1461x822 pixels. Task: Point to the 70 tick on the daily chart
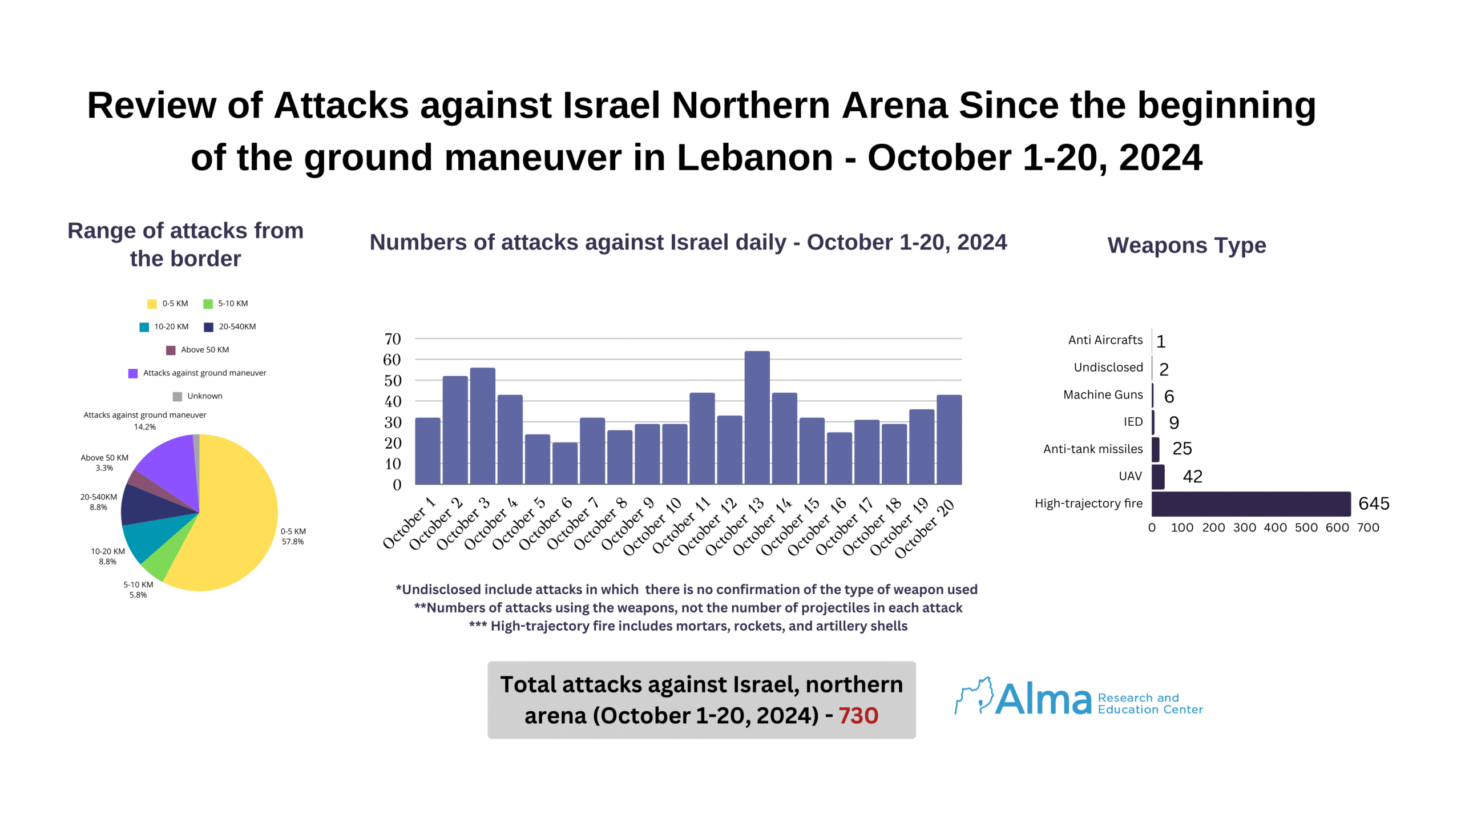(x=393, y=339)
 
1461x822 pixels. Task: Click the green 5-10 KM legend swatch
(x=208, y=304)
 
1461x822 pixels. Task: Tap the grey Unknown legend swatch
(x=177, y=396)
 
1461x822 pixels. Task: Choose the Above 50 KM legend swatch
(x=170, y=350)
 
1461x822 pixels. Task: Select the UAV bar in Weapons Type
(x=1157, y=477)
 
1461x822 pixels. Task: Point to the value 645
(x=1374, y=503)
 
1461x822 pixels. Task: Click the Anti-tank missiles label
(x=1092, y=449)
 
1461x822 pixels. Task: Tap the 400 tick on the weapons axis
(x=1275, y=528)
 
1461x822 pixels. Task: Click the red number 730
(x=858, y=716)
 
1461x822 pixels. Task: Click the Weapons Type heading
(x=1186, y=245)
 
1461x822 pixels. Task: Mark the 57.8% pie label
(x=293, y=542)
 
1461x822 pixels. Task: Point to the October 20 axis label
(x=925, y=528)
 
